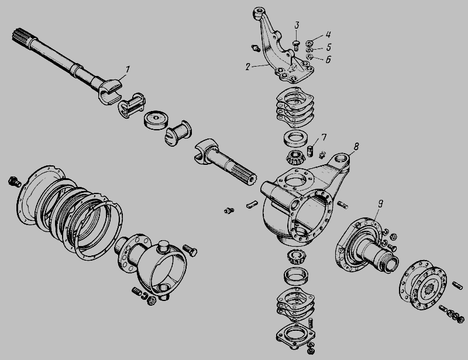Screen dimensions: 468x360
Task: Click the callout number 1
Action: [x=128, y=70]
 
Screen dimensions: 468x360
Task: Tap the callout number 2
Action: [x=247, y=67]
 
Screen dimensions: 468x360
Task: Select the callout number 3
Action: [x=297, y=25]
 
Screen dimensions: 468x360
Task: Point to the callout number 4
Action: [x=328, y=34]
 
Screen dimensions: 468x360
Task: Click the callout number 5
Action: [x=329, y=47]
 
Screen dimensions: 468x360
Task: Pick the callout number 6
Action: [x=328, y=60]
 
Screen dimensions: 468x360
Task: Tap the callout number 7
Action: [x=324, y=137]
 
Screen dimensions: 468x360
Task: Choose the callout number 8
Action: [x=356, y=147]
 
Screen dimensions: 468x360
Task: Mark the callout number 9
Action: [x=380, y=204]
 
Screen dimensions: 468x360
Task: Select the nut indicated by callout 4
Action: [x=310, y=43]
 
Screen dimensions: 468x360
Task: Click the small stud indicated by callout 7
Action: [x=310, y=151]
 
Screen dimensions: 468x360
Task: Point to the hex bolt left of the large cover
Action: [x=14, y=181]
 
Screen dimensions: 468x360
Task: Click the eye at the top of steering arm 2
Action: [x=258, y=13]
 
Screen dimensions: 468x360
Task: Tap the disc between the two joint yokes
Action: [x=156, y=120]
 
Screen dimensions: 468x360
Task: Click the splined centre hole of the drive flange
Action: [x=431, y=289]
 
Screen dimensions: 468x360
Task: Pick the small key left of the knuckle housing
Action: [x=252, y=204]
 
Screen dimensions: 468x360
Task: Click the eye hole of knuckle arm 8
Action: [x=340, y=158]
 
